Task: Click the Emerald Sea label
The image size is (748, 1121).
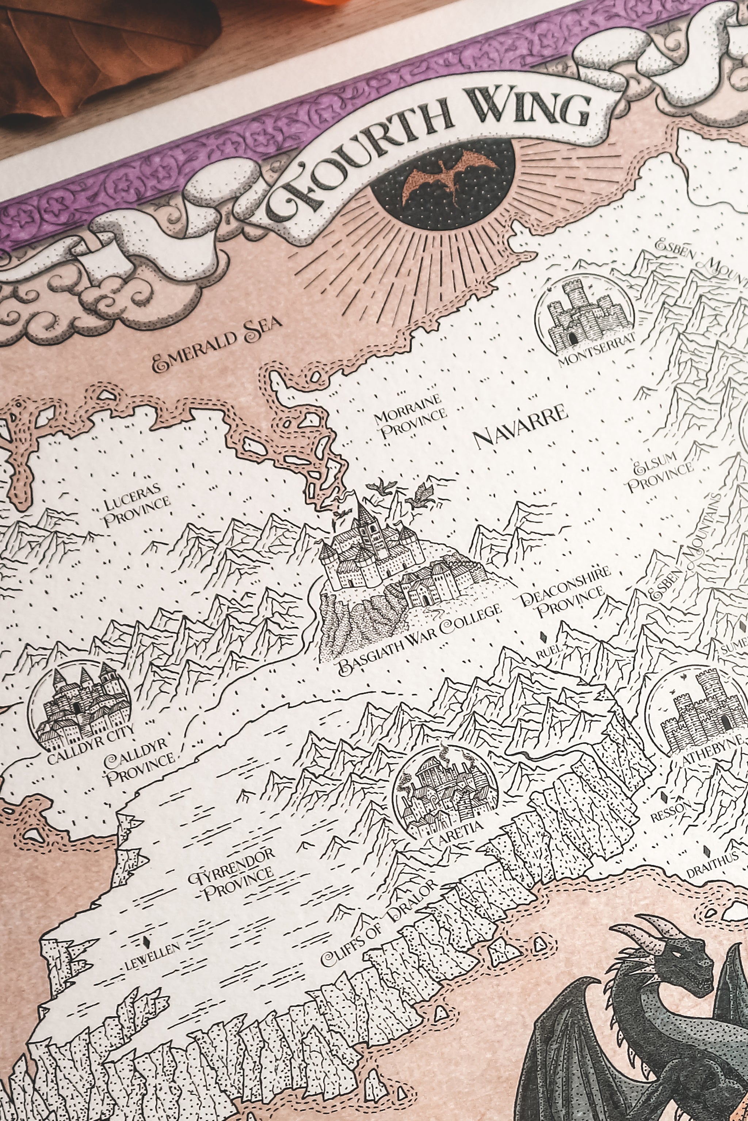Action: click(217, 344)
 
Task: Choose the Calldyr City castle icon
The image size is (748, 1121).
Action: click(79, 705)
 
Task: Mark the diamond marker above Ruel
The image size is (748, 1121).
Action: click(543, 636)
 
